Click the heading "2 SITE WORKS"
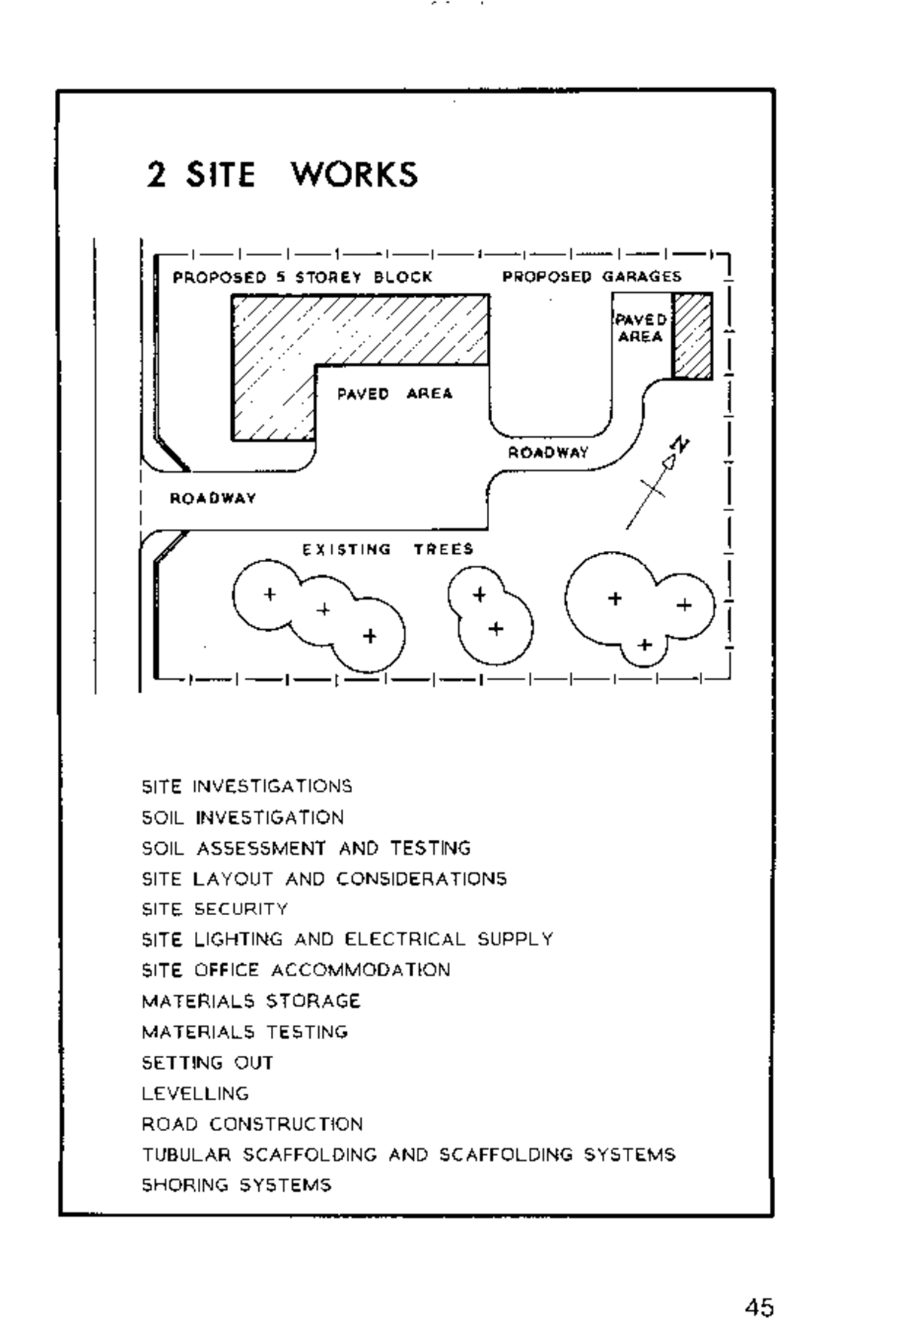[281, 174]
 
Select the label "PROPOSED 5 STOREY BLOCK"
[303, 277]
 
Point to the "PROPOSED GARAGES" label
[591, 276]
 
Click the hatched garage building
[692, 336]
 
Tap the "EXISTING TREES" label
[388, 549]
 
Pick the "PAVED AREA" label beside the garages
[640, 328]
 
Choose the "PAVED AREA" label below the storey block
[394, 394]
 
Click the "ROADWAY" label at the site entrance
[213, 498]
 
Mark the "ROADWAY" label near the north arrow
[548, 452]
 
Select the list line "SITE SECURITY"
[214, 909]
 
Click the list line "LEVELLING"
[195, 1093]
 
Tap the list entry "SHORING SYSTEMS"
[236, 1185]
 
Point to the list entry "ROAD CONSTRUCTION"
[252, 1124]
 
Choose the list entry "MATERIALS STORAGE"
[251, 1001]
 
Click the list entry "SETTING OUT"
[207, 1063]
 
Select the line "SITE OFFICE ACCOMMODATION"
[296, 970]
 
